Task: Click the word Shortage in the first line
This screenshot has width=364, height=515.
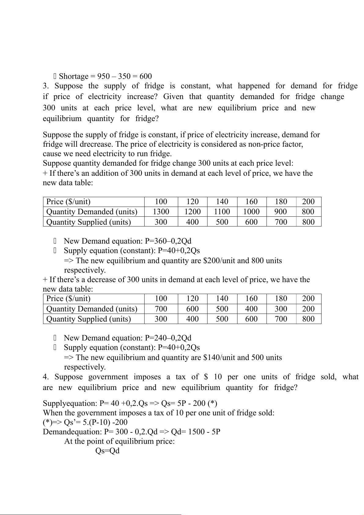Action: point(74,76)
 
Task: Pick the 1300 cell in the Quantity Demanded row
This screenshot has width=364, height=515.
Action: point(161,212)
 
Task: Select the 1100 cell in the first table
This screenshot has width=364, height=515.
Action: point(222,212)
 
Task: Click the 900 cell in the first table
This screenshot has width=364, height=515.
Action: point(281,212)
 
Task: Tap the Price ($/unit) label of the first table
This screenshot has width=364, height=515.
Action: point(68,202)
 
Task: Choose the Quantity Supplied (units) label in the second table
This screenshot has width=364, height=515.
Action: point(89,319)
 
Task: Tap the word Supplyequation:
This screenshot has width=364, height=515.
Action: point(70,403)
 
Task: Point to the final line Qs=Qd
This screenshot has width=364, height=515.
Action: point(107,451)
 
